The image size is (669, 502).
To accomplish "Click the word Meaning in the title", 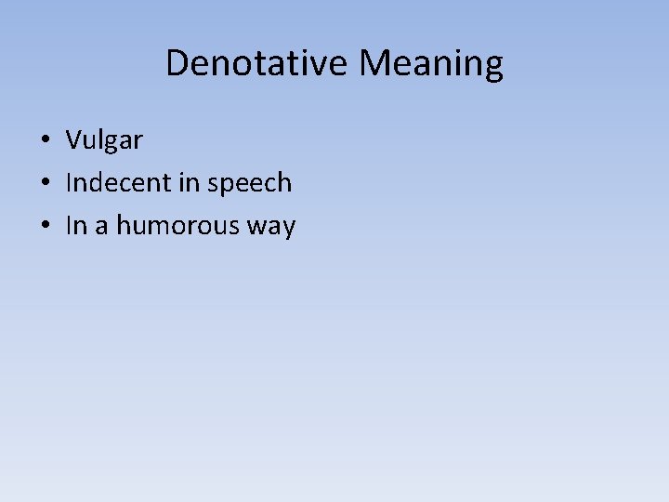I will tap(431, 63).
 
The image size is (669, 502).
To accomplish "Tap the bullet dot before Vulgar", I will tap(45, 141).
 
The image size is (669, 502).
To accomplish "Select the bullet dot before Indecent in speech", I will tap(45, 184).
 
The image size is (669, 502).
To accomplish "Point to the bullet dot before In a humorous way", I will tap(45, 227).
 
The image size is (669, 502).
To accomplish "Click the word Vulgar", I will tap(104, 140).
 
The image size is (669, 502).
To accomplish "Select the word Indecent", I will tap(118, 183).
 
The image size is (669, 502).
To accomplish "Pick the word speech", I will tap(250, 183).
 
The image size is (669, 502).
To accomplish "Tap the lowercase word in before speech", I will tap(189, 183).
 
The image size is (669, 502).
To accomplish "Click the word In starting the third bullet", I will tap(75, 226).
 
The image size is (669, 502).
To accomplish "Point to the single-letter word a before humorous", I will tap(99, 228).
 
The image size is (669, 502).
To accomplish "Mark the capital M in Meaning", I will tap(375, 63).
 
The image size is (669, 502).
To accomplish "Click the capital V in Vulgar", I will tap(73, 140).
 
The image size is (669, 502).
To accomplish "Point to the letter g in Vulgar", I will tap(113, 143).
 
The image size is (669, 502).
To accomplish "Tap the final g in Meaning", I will tap(492, 67).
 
